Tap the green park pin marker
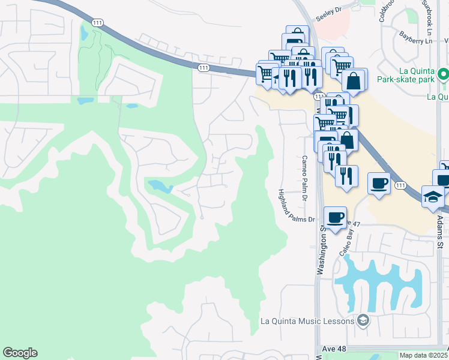click(443, 75)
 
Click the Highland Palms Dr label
click(296, 206)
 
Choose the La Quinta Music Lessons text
click(307, 321)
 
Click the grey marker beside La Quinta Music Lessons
click(362, 321)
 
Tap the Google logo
click(20, 353)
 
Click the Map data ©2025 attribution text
click(423, 355)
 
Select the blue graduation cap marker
click(432, 197)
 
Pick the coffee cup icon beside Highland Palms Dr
click(336, 216)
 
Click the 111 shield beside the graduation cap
click(400, 186)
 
